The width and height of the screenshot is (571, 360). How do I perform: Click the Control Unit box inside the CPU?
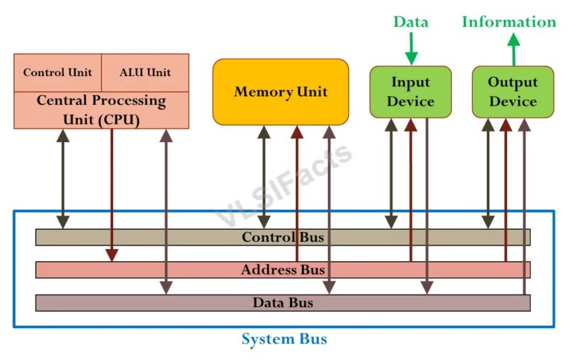[57, 72]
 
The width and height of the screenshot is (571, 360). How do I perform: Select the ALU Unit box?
[145, 72]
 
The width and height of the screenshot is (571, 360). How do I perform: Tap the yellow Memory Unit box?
[280, 91]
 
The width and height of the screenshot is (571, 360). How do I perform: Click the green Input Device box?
[410, 91]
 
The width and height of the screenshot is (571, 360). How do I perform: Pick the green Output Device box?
[513, 91]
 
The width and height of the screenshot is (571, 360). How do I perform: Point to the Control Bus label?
[283, 237]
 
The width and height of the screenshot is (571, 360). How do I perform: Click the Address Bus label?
[283, 270]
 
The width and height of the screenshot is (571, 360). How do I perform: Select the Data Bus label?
[283, 303]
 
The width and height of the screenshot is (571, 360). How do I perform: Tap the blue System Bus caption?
[284, 339]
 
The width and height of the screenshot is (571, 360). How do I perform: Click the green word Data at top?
[410, 22]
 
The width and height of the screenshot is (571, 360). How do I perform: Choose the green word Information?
[509, 22]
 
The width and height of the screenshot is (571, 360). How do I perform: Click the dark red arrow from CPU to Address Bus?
[112, 193]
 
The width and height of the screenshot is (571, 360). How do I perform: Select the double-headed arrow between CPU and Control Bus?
[63, 179]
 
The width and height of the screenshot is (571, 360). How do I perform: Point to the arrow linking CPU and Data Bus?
[166, 212]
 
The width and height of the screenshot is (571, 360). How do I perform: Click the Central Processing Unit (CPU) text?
[101, 109]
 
